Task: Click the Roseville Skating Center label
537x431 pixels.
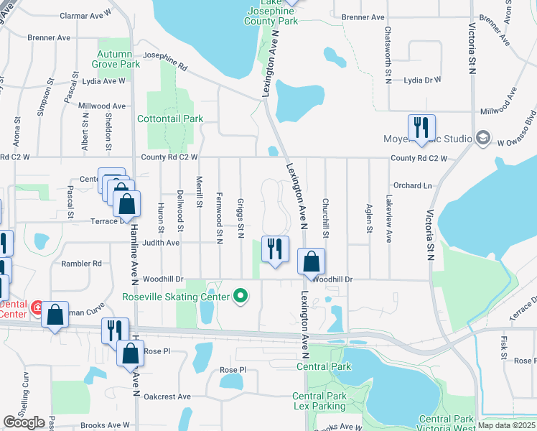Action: click(175, 297)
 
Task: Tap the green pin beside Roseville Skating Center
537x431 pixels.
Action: click(241, 296)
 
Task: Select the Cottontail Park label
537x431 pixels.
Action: click(170, 119)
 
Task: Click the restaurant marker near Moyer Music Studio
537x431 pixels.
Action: click(421, 128)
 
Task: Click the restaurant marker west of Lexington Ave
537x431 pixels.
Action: click(275, 249)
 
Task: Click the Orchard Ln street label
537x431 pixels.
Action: click(412, 185)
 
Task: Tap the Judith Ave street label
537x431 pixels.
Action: click(162, 243)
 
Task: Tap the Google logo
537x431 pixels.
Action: click(24, 422)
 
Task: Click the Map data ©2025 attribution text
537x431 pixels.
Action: click(506, 425)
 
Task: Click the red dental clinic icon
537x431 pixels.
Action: click(35, 308)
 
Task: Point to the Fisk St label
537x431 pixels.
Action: click(503, 346)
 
